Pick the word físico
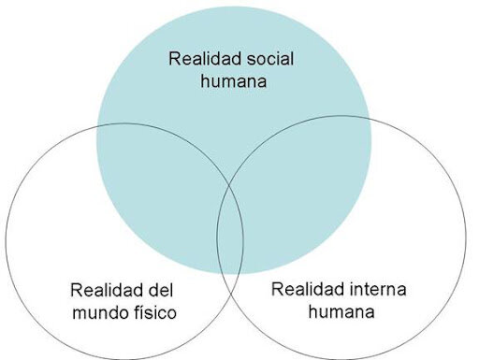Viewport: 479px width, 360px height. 151,311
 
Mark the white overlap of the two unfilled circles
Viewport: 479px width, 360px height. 230,281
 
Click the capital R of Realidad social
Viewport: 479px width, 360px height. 174,58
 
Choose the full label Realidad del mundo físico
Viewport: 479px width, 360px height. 123,300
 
